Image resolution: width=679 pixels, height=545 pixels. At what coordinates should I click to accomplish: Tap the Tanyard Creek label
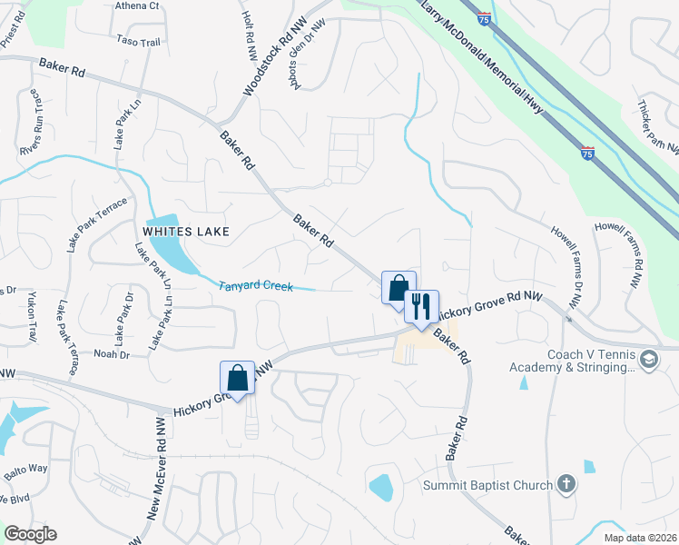256,286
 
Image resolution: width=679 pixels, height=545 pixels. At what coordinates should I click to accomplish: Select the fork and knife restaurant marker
421,306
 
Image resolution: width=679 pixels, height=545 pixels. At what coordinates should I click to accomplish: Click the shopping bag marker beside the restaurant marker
399,289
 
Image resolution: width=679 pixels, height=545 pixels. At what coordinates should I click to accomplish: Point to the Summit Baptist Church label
487,485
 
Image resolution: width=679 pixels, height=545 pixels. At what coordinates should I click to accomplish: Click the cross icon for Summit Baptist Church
566,484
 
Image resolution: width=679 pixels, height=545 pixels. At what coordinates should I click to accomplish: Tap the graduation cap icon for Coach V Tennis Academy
649,361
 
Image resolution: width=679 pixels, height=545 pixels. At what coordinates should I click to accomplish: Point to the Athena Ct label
137,5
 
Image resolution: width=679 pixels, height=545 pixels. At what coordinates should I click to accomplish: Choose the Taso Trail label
138,41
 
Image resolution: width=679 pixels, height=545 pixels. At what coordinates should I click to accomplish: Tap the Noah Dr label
112,353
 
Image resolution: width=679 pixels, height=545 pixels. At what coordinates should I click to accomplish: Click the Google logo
31,534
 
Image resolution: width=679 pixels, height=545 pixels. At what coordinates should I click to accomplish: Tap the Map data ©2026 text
640,538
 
